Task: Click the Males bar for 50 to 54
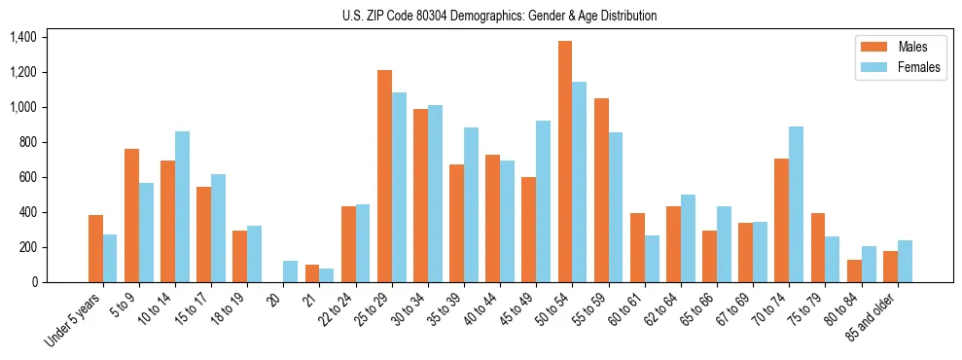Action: tap(565, 162)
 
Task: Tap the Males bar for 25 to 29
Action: tap(385, 176)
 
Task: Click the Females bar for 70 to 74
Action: tap(796, 204)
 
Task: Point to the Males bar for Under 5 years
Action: tap(96, 249)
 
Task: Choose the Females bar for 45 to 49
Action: tap(544, 201)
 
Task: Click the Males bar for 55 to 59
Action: tap(601, 191)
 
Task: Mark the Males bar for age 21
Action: tap(312, 273)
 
